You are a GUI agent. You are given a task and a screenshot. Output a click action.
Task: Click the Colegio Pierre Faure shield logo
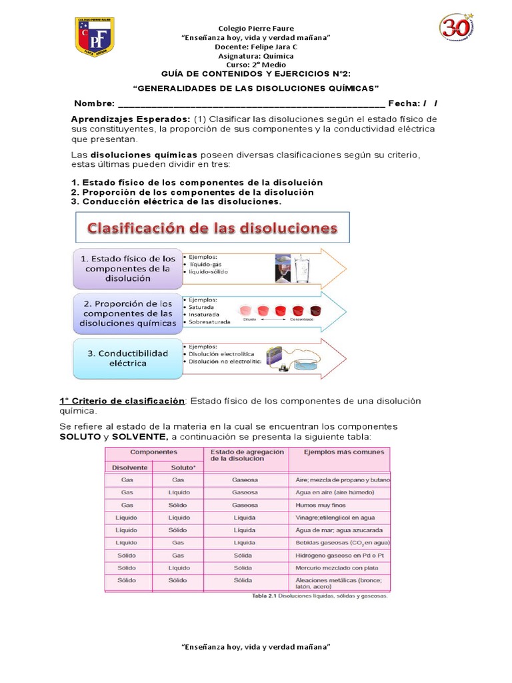point(94,37)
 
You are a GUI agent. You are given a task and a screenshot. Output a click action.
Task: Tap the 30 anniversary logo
point(456,27)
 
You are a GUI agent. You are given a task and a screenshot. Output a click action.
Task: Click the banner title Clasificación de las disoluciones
point(213,229)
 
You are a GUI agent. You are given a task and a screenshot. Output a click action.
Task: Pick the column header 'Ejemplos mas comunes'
point(344,452)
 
